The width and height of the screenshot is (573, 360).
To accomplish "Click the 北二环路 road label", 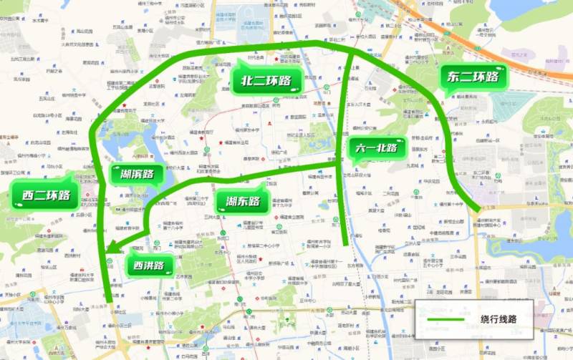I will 266,80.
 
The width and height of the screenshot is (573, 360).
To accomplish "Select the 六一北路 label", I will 378,149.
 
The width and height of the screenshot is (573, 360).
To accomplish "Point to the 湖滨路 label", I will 138,173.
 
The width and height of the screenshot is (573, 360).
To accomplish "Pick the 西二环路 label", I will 46,195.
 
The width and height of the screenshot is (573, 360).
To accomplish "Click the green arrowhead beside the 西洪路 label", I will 111,250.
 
